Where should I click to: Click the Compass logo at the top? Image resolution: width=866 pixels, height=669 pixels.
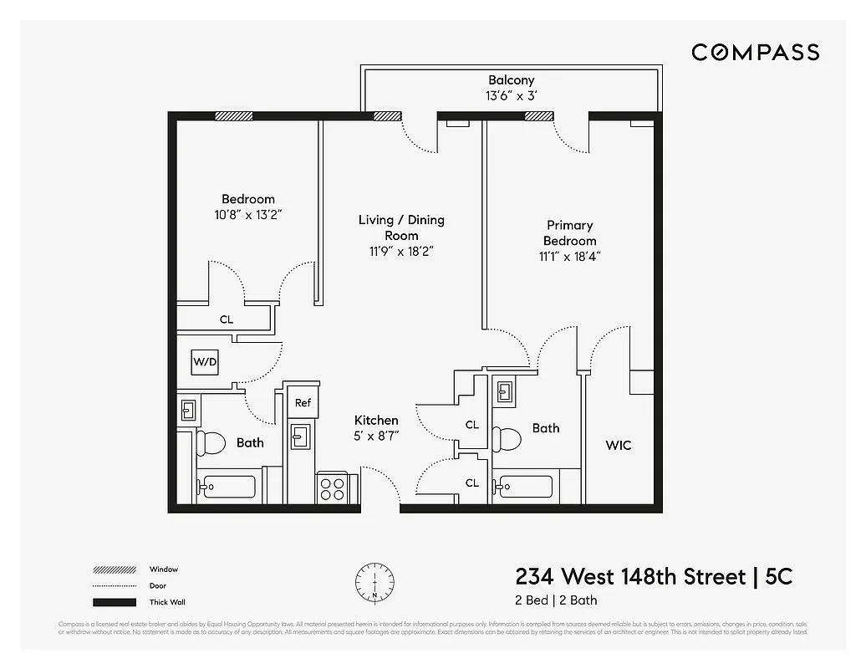(x=755, y=53)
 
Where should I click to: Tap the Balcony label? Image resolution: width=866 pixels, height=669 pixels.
(x=511, y=80)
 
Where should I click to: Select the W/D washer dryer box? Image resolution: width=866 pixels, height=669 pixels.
(x=204, y=362)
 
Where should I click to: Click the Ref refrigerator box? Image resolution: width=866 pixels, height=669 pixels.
(x=303, y=402)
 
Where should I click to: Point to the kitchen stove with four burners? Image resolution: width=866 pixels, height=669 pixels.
(x=332, y=487)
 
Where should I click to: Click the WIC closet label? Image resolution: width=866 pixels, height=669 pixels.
(x=619, y=445)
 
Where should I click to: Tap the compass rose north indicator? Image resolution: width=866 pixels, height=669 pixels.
(x=374, y=580)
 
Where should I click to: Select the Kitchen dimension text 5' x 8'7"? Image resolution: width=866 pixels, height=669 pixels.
(x=376, y=436)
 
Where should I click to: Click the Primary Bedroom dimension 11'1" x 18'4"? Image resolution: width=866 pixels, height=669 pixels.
(x=570, y=257)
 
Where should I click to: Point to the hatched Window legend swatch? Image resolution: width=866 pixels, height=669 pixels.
(x=114, y=570)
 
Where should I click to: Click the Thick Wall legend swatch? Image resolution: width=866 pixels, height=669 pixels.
(x=114, y=602)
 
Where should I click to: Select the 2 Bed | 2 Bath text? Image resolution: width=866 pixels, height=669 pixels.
(x=556, y=600)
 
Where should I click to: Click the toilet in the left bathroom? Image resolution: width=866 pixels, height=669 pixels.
(x=211, y=443)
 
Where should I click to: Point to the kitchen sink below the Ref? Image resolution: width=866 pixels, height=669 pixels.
(x=300, y=436)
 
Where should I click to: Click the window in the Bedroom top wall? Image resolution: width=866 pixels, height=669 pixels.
(x=233, y=116)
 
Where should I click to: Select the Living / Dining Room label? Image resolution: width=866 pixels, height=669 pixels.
(x=401, y=227)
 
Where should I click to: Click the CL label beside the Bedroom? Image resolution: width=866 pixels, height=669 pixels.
(x=227, y=319)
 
